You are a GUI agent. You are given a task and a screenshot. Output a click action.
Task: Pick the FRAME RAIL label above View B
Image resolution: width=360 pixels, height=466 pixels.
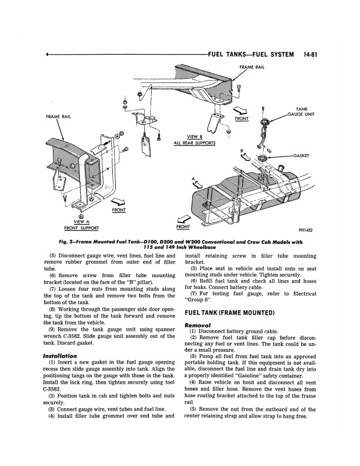coord(251,67)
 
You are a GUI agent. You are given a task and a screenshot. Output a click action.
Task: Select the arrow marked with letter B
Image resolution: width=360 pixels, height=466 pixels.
coord(246,156)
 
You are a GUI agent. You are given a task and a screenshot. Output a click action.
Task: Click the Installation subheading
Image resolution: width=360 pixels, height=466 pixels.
coord(60,356)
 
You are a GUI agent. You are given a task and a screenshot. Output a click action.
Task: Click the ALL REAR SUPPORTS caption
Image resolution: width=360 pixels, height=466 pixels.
coord(194,143)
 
